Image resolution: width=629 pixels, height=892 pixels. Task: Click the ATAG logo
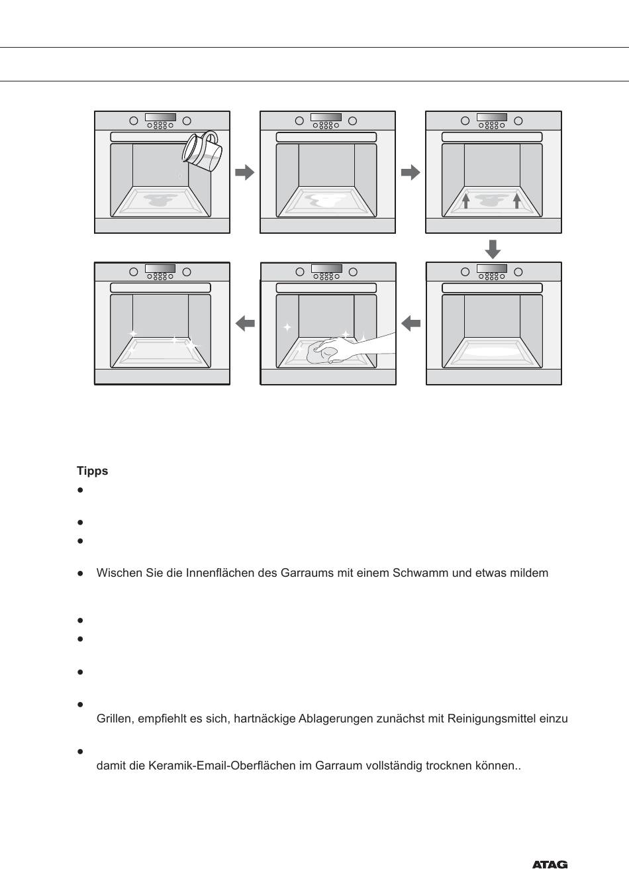[550, 865]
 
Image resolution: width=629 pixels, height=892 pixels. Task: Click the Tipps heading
[92, 471]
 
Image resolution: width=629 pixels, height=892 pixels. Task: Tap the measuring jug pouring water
[202, 152]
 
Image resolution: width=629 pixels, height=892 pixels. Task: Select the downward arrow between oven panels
[493, 249]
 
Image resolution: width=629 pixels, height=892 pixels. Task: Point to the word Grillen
[115, 719]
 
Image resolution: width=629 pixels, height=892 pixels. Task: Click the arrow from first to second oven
[244, 172]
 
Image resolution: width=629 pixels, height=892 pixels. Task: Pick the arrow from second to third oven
[411, 172]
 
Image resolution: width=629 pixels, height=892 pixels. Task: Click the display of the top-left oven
[160, 117]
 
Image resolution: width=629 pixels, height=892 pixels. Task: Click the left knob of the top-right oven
[465, 121]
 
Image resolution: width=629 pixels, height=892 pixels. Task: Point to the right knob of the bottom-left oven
[187, 272]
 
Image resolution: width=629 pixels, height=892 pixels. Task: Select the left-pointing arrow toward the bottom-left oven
[245, 323]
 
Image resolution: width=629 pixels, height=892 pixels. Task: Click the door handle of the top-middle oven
[326, 137]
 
